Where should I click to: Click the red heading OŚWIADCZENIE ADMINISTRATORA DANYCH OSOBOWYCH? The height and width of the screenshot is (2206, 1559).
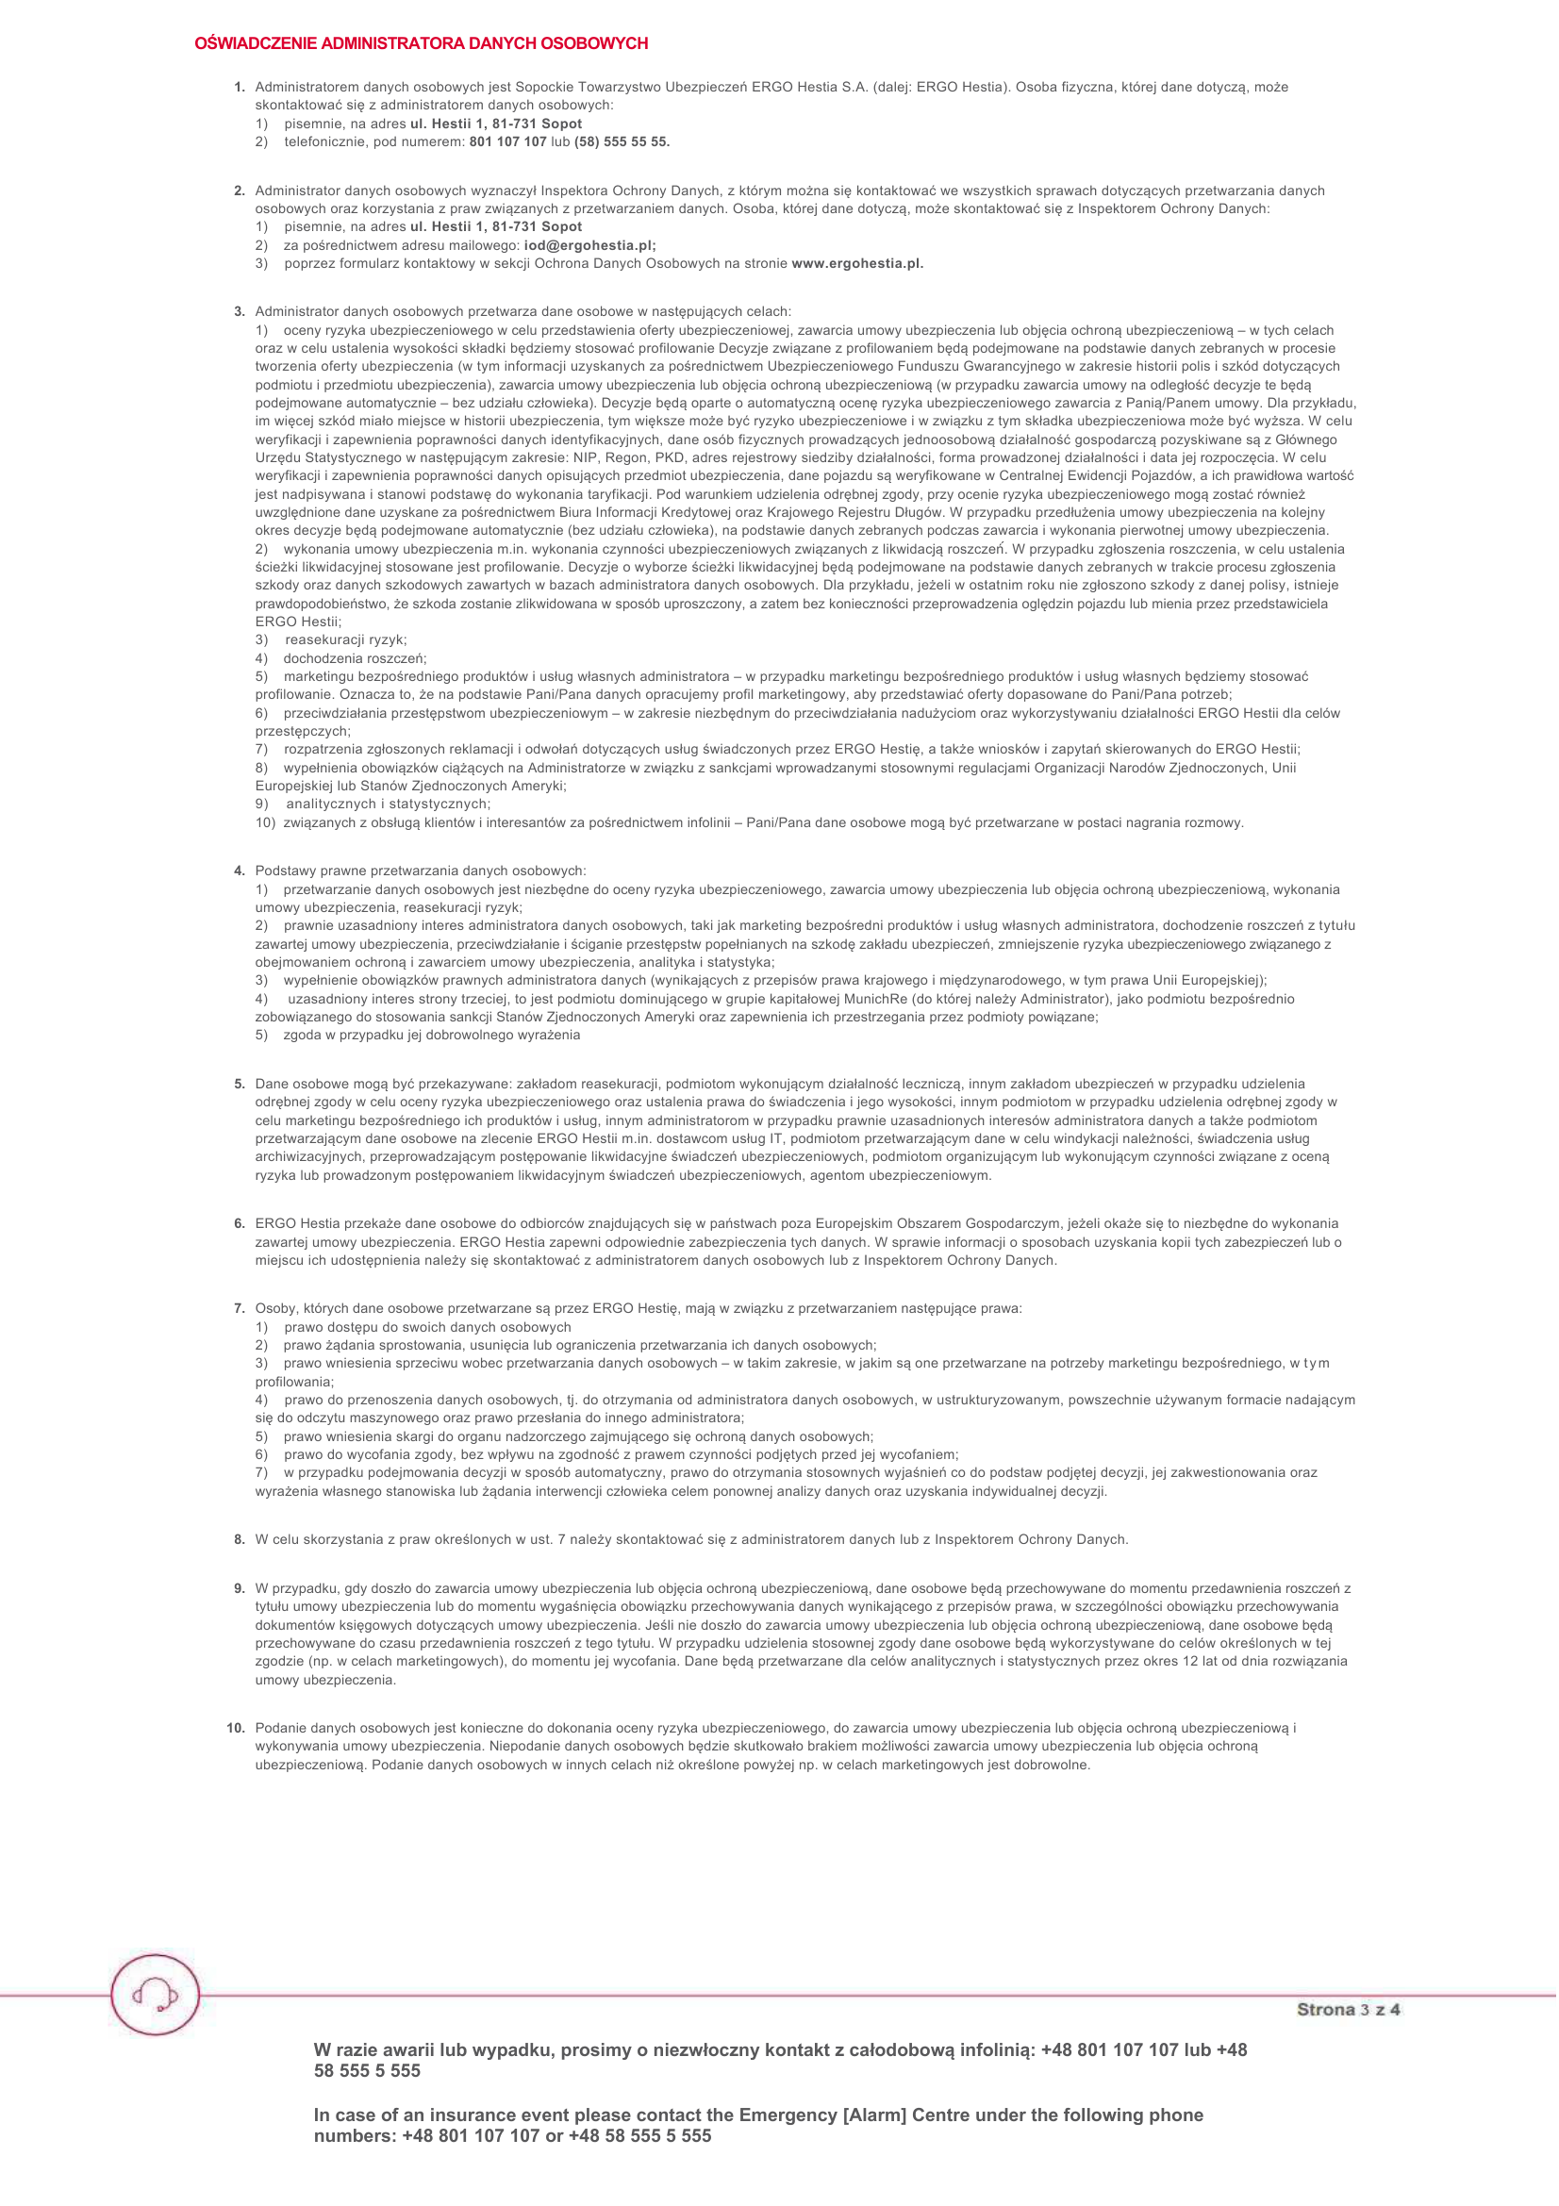(x=421, y=44)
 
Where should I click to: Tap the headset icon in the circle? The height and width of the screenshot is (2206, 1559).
(x=155, y=1995)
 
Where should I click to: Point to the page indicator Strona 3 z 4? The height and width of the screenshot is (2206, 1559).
(x=1348, y=2009)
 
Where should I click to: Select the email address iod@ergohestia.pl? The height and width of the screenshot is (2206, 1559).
(x=589, y=246)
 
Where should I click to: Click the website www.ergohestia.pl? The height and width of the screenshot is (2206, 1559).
(x=856, y=264)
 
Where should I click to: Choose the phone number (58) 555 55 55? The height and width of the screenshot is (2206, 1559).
(x=622, y=142)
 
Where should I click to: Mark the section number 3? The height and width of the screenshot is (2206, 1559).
(x=240, y=312)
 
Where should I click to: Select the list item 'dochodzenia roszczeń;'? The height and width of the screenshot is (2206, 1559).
(x=355, y=659)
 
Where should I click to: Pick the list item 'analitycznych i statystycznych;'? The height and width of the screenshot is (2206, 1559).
(x=387, y=804)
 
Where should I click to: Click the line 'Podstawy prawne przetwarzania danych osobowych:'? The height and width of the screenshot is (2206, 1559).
(x=420, y=871)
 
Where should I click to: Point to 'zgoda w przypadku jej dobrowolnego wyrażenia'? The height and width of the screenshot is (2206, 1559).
(x=431, y=1036)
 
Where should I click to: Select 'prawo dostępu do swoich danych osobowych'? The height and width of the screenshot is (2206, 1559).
(x=426, y=1328)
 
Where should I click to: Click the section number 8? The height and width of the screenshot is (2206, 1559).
(x=240, y=1540)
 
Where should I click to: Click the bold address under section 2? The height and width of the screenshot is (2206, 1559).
(x=496, y=227)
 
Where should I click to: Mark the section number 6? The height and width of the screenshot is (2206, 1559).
(x=240, y=1224)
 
